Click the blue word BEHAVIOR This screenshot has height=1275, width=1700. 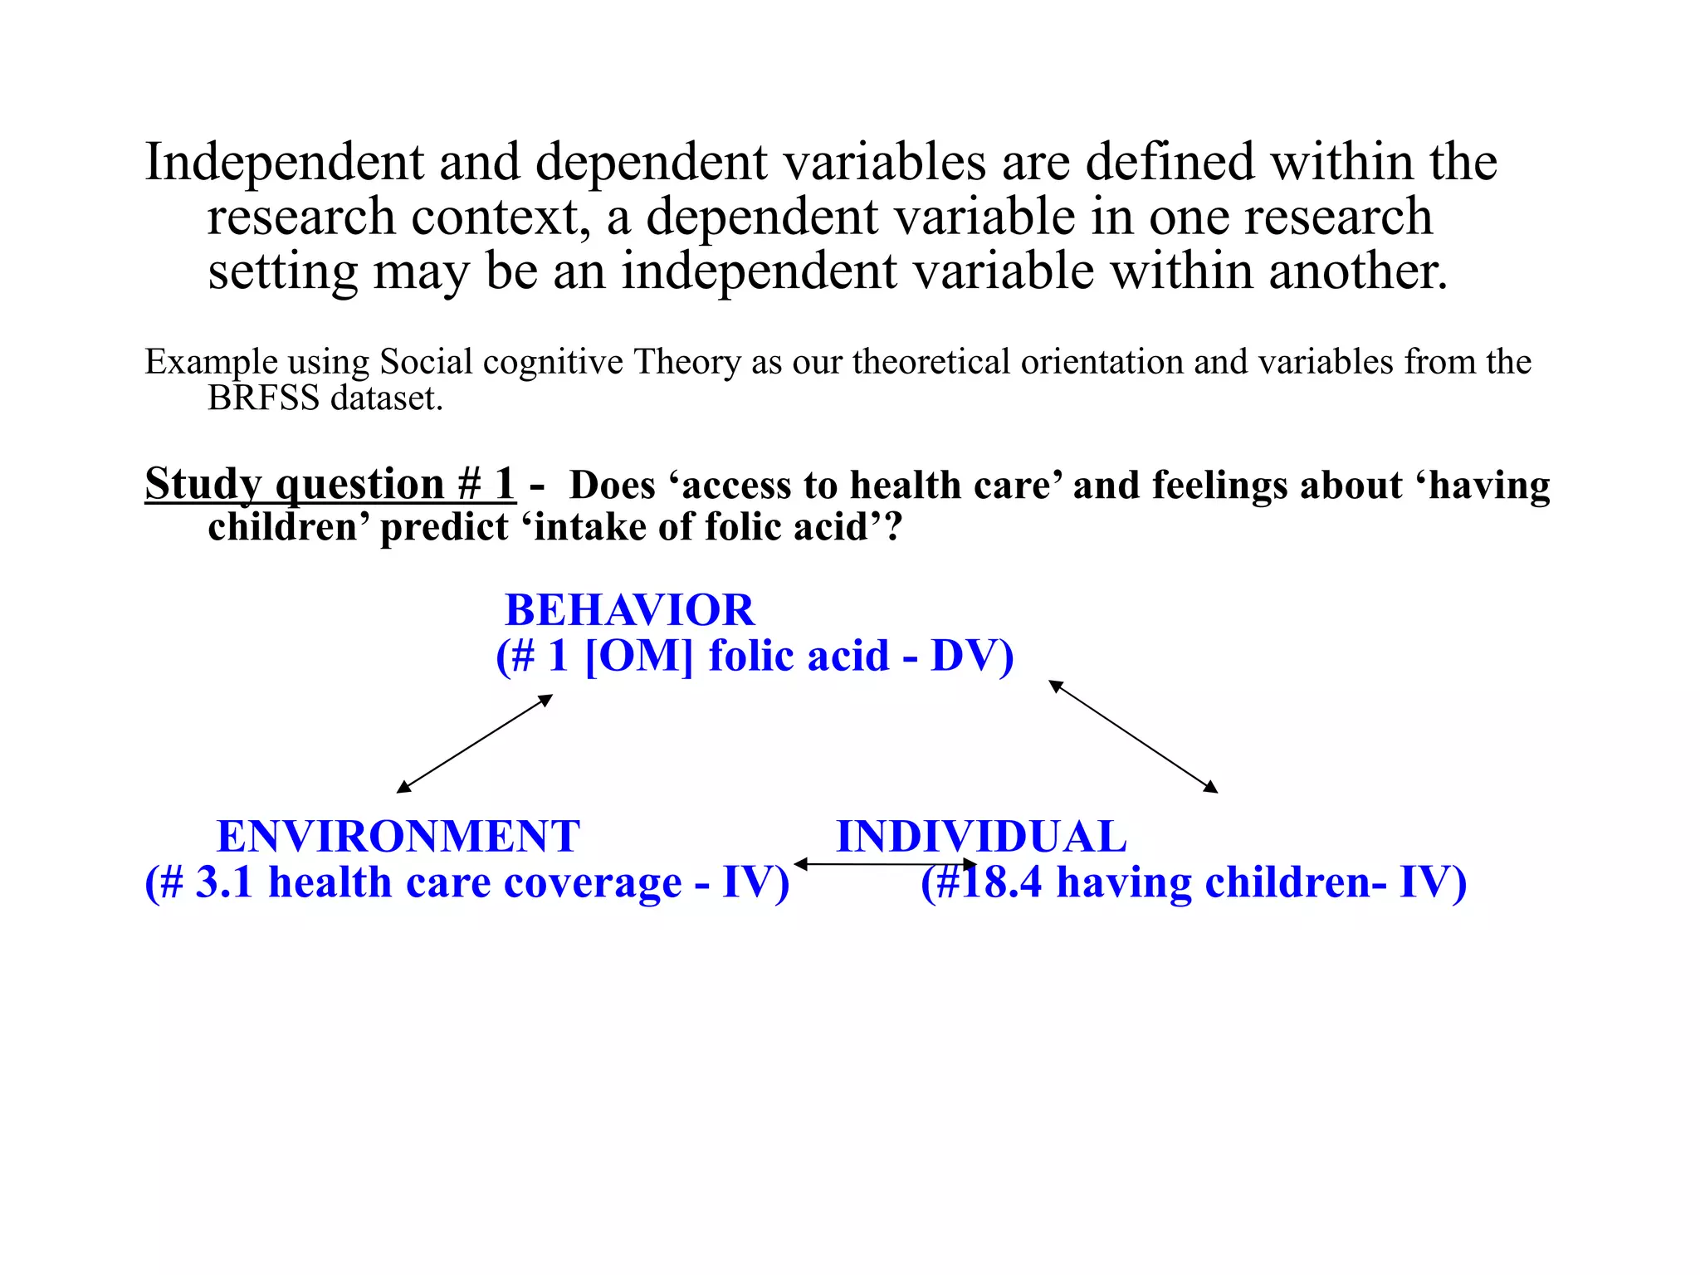tap(629, 611)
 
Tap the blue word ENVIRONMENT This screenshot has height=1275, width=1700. tap(398, 837)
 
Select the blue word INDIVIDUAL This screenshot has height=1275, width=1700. tap(981, 837)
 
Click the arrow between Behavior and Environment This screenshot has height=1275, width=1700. tap(475, 744)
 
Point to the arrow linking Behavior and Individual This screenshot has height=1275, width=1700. tap(1133, 736)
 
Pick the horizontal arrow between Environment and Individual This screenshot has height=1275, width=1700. tap(885, 865)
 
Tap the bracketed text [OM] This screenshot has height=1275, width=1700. tap(638, 657)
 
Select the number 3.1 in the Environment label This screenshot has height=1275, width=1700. tap(224, 882)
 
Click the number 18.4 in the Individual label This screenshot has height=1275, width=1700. tap(1001, 882)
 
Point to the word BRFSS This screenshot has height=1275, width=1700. tap(263, 399)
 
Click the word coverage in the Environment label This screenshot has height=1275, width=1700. tap(593, 882)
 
